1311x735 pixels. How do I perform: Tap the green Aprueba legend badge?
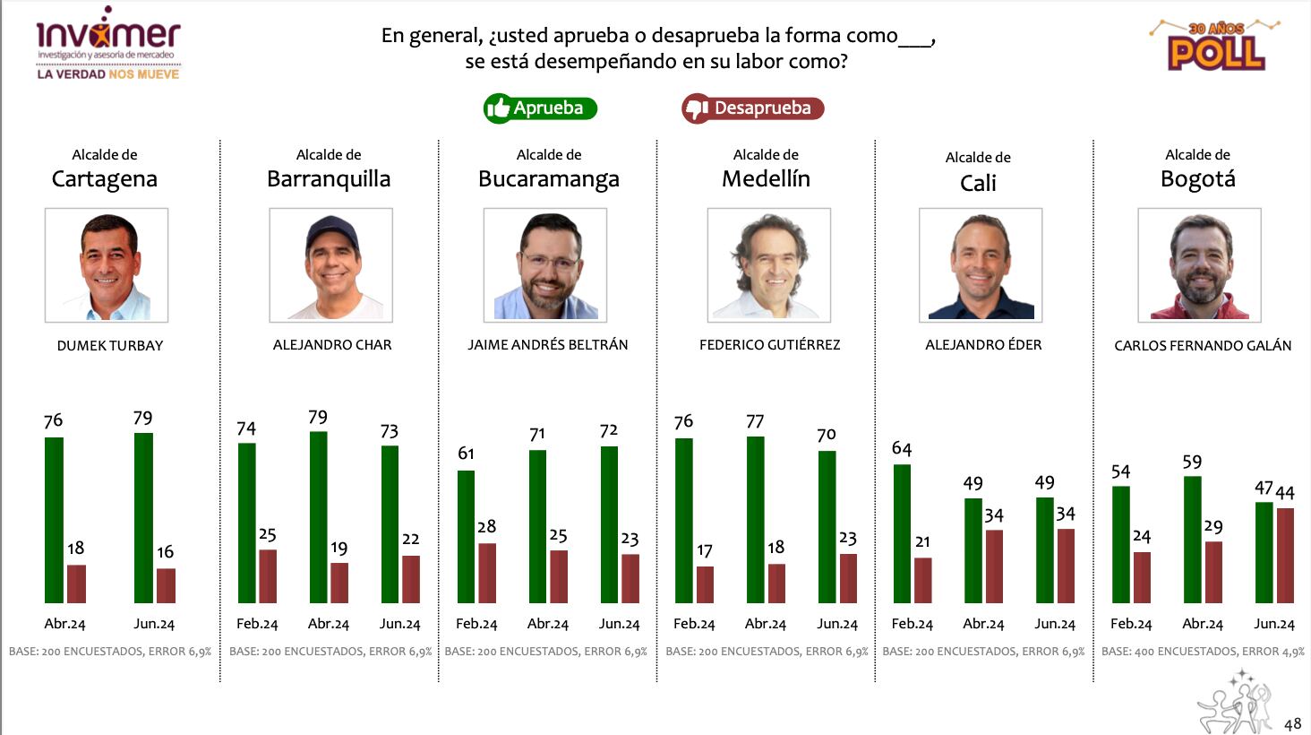(x=540, y=108)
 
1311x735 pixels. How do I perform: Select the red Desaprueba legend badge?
(x=752, y=108)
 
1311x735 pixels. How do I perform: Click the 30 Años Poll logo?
(x=1215, y=46)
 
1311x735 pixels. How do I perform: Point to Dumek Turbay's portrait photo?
(x=107, y=265)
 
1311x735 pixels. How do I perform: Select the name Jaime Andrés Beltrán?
(x=547, y=344)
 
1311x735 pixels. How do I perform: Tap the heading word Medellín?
(x=766, y=179)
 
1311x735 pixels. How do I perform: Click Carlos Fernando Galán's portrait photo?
(x=1199, y=265)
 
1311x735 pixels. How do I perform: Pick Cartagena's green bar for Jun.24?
(x=143, y=518)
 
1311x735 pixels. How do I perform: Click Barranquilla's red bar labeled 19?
(x=339, y=583)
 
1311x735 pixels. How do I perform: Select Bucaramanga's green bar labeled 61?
(x=466, y=536)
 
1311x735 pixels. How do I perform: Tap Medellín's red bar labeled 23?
(x=848, y=578)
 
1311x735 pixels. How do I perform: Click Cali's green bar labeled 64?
(x=902, y=533)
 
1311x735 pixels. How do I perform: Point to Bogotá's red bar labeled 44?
(x=1285, y=555)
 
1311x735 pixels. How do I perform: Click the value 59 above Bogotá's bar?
(x=1192, y=463)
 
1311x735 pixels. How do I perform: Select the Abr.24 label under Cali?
(x=983, y=624)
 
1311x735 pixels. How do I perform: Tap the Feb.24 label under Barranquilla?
(x=257, y=624)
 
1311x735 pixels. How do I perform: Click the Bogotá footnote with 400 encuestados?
(x=1203, y=652)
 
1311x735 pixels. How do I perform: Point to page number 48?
(x=1292, y=723)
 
